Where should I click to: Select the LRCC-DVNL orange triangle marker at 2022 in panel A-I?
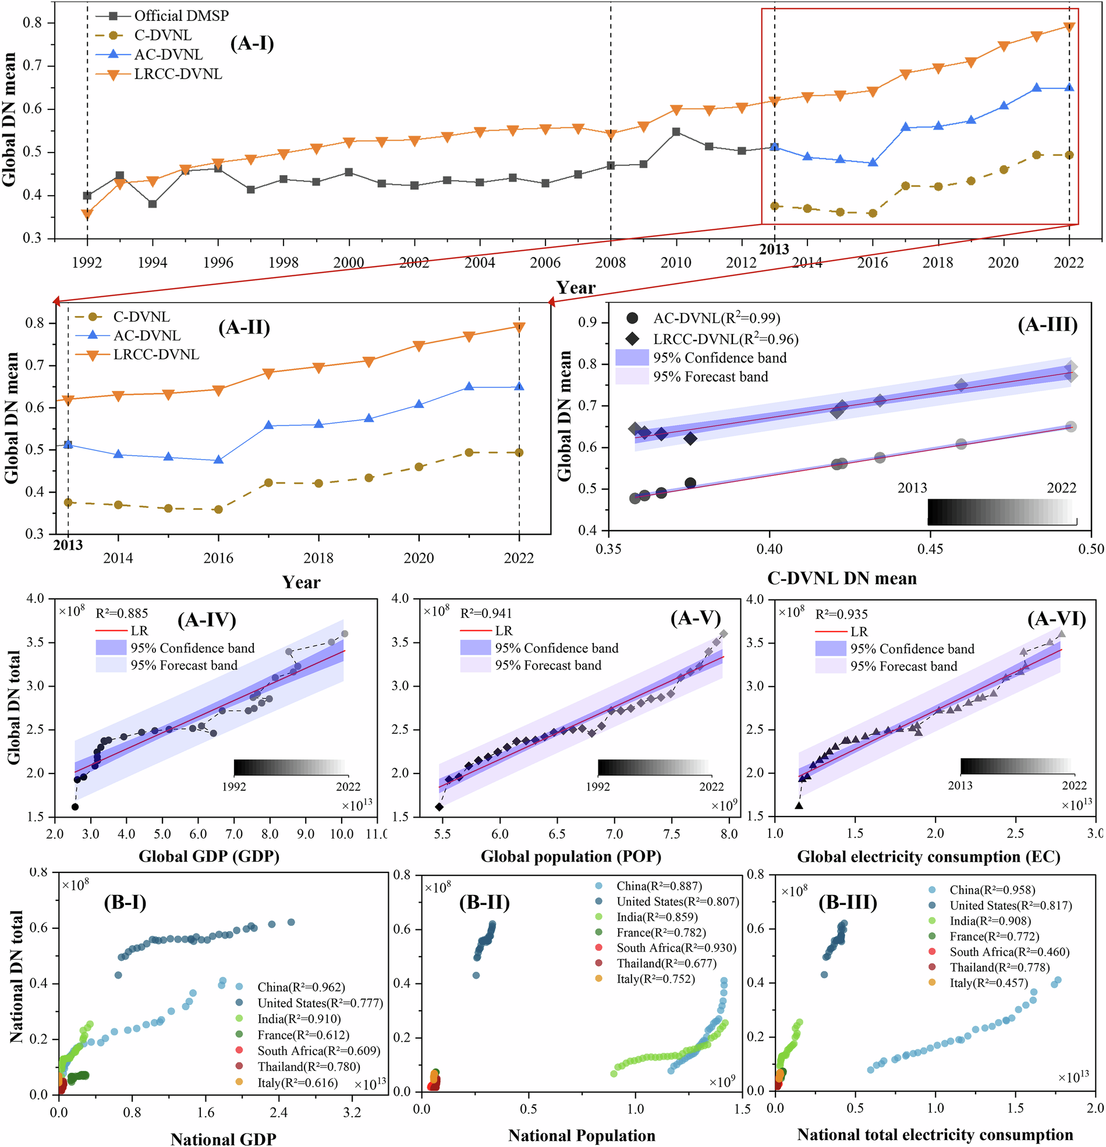click(1069, 27)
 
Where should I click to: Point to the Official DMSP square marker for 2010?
click(676, 132)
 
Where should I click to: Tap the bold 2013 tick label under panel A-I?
click(774, 249)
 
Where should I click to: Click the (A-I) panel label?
click(252, 43)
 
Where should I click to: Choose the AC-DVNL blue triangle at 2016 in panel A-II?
click(218, 460)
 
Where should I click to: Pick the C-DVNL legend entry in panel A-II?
click(141, 317)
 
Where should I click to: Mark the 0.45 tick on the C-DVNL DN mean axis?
click(930, 549)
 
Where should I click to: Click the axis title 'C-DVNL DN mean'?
click(841, 578)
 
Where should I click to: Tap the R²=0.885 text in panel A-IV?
click(122, 613)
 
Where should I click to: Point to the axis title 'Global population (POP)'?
click(571, 857)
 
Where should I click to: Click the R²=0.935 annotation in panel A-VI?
click(841, 614)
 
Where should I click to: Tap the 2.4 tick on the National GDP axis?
click(279, 1112)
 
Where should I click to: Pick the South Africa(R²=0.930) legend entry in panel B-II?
click(676, 948)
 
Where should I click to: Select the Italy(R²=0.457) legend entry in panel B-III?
click(988, 983)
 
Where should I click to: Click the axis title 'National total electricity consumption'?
click(935, 1135)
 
